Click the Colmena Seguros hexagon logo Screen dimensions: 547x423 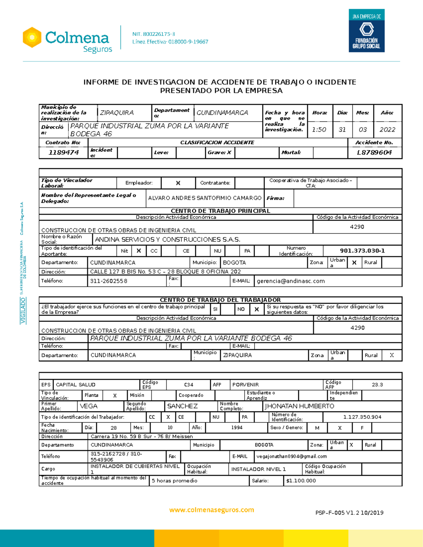(32, 37)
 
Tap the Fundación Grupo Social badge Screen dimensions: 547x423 (366, 31)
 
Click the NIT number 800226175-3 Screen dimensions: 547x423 (153, 34)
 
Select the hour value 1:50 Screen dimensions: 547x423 (319, 130)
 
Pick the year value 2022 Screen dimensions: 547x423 (387, 130)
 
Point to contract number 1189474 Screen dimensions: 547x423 (63, 153)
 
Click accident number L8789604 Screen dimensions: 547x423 (374, 153)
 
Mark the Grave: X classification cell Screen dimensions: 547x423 (219, 153)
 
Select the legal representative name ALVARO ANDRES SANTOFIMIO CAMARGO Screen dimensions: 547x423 (204, 198)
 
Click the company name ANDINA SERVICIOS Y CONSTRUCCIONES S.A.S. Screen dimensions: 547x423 (167, 240)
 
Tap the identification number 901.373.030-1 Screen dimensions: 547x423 (362, 251)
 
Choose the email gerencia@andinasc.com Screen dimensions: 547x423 (290, 281)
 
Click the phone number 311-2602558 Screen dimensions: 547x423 (109, 281)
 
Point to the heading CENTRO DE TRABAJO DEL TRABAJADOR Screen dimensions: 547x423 (220, 300)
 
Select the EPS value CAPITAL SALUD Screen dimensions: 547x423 (75, 385)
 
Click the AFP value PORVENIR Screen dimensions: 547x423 (245, 385)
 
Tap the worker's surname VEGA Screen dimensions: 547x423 (88, 406)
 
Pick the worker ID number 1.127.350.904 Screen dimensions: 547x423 (362, 417)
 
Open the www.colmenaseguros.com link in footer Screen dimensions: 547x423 (211, 510)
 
